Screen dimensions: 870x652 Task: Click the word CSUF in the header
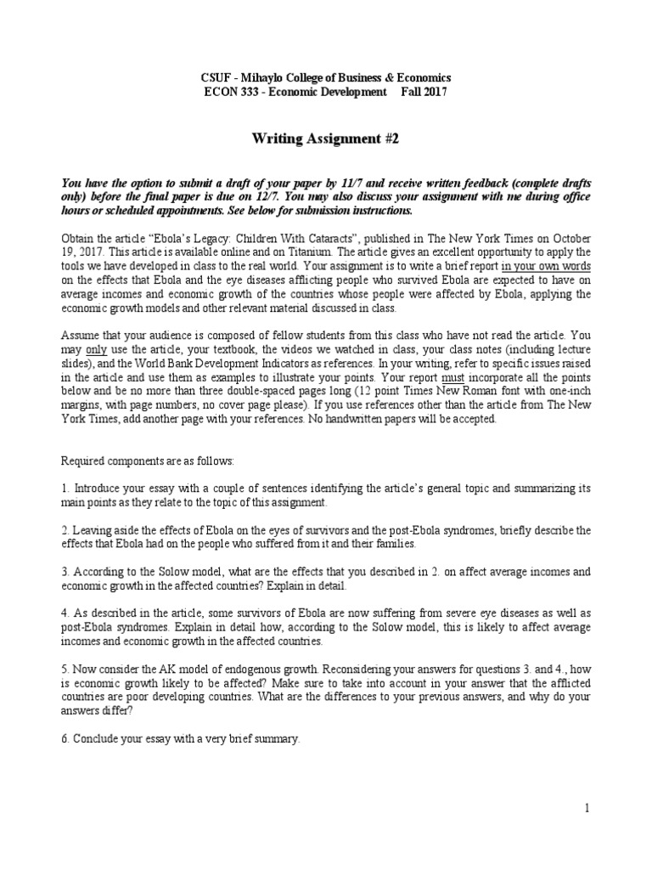click(x=211, y=77)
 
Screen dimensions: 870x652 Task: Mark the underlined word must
click(x=462, y=376)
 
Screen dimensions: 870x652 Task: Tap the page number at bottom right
click(x=586, y=807)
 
